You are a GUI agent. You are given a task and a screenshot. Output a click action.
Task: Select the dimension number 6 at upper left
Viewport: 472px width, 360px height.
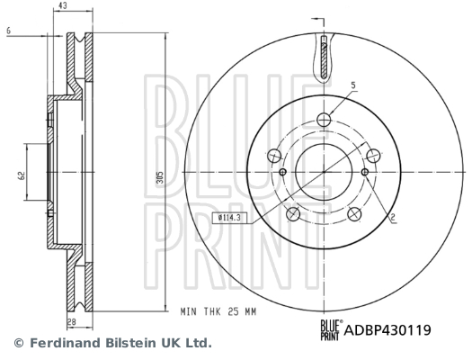tap(7, 31)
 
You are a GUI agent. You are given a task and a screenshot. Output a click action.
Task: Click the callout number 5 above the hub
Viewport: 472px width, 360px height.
tap(352, 85)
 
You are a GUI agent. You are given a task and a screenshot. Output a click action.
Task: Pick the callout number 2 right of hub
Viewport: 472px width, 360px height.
tap(393, 217)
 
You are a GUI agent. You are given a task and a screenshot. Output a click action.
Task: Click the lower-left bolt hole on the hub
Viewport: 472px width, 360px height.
tap(292, 214)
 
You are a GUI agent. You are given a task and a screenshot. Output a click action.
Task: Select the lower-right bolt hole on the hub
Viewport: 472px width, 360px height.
tap(354, 214)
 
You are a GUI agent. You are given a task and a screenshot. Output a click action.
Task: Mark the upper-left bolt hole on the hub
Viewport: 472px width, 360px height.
tap(273, 155)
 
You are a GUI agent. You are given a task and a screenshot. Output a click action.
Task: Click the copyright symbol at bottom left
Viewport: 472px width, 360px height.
tap(18, 343)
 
